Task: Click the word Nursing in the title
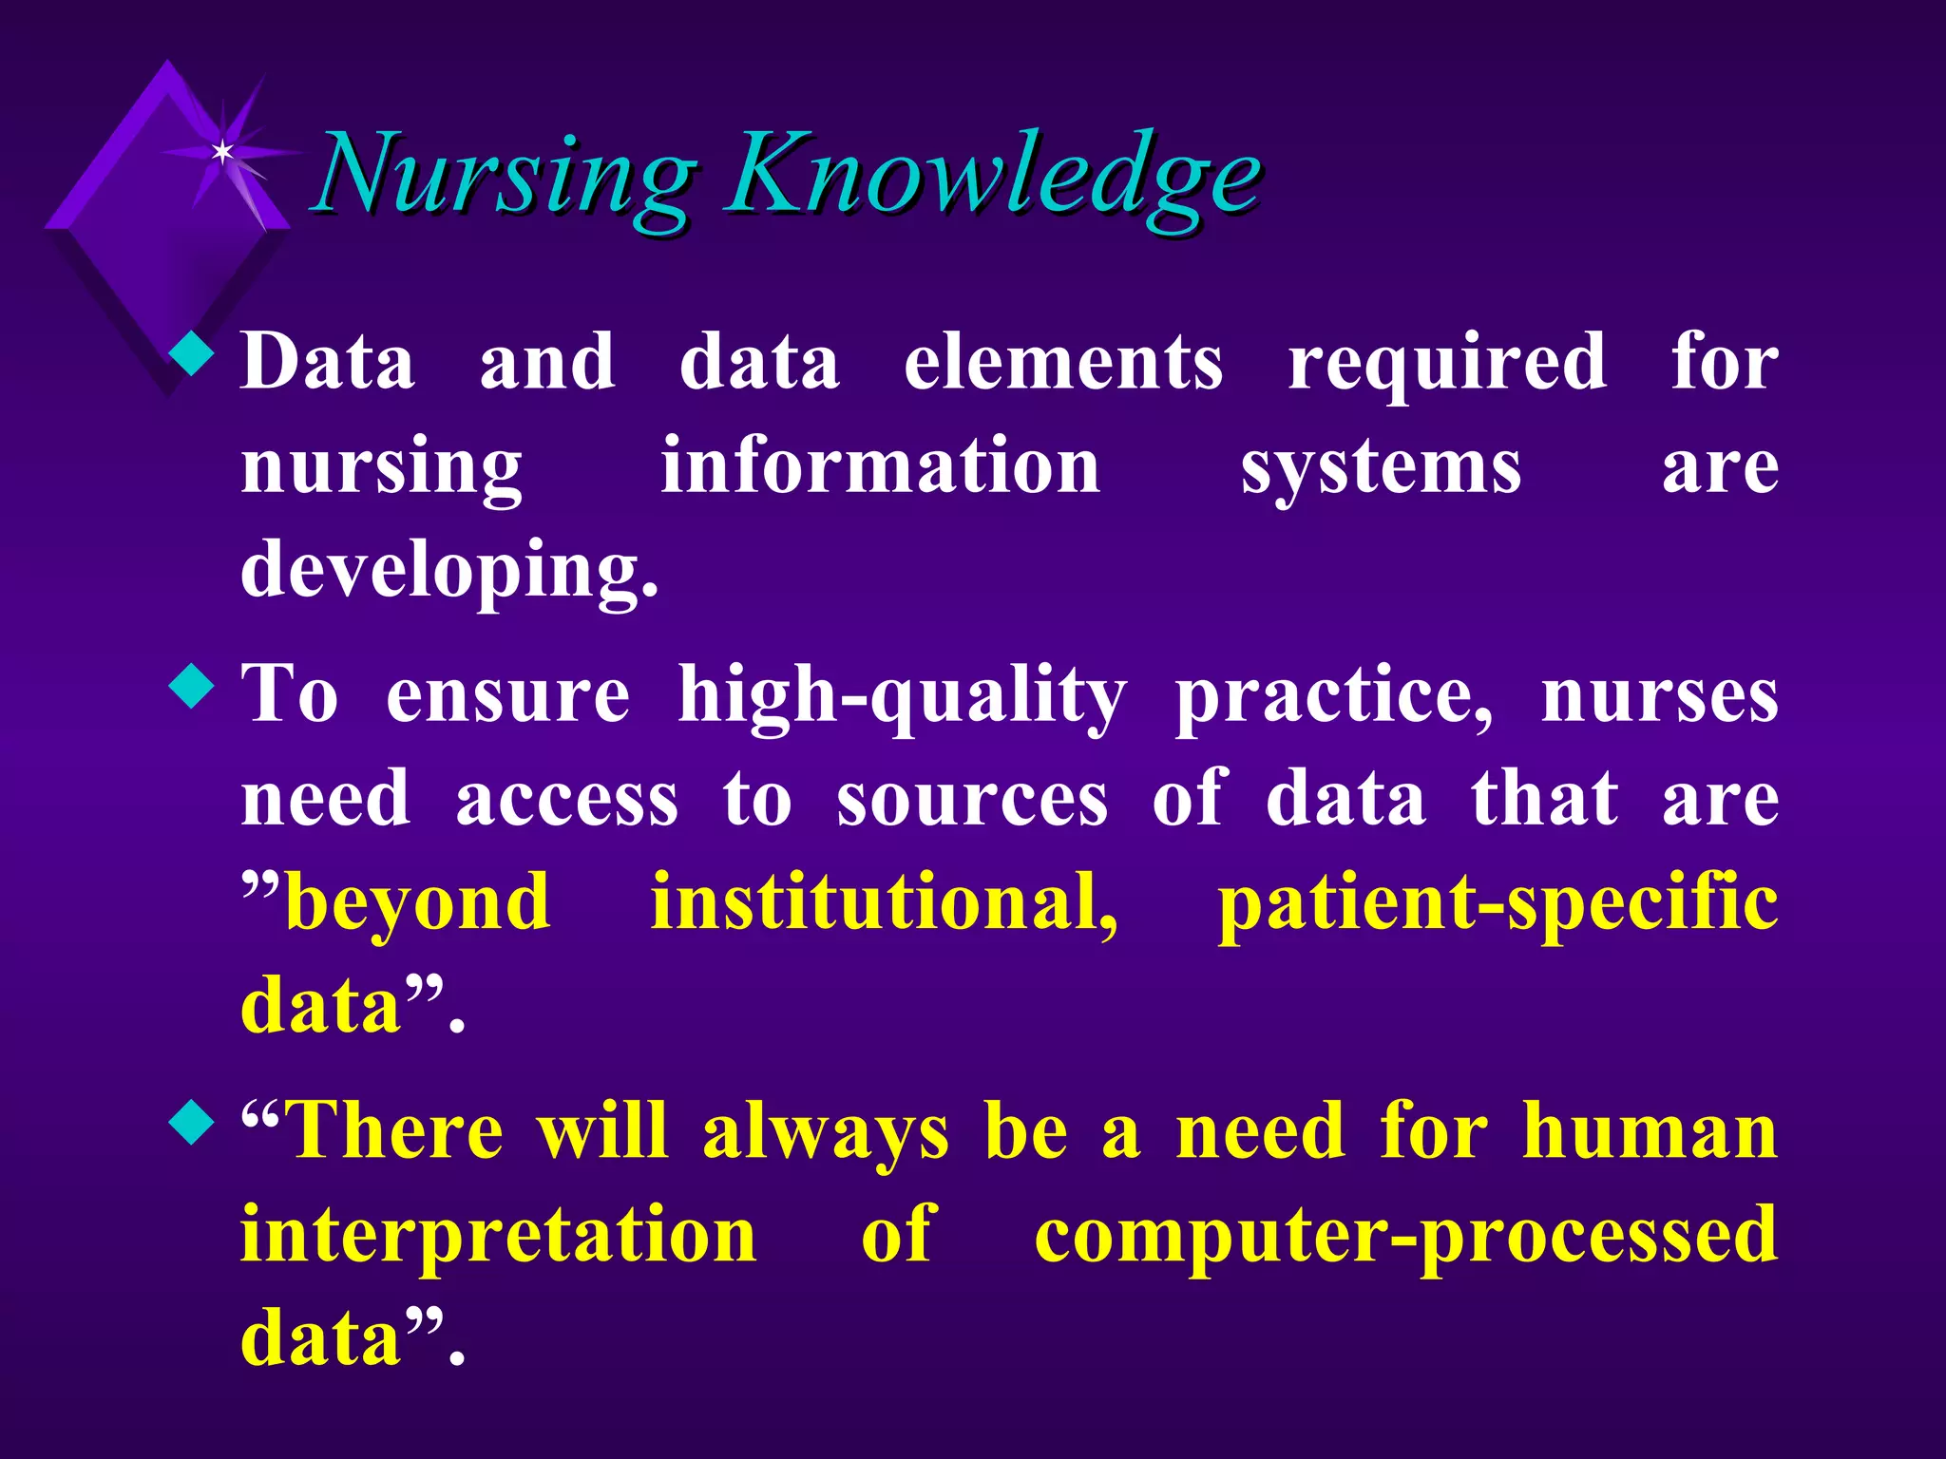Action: (504, 176)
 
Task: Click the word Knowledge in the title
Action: (993, 176)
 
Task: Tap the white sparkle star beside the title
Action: (222, 151)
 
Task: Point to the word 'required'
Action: (1446, 363)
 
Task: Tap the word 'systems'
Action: (1380, 467)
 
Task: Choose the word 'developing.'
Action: (448, 570)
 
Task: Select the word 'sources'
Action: (971, 800)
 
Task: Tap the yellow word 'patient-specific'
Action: (1498, 904)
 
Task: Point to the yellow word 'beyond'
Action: (418, 904)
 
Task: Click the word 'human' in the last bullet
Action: (1650, 1132)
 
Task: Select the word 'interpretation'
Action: (498, 1237)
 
